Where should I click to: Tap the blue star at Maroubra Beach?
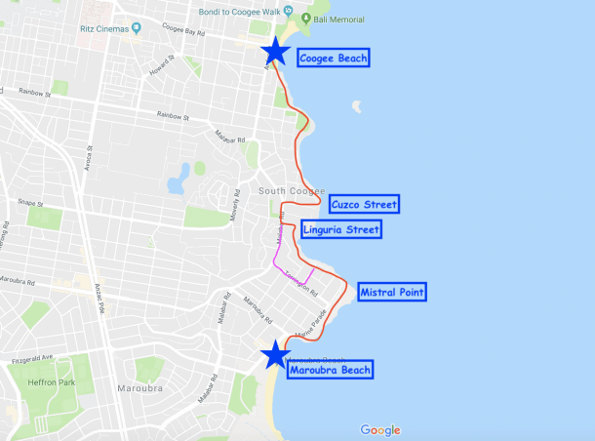click(276, 354)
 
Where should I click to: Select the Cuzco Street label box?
click(364, 205)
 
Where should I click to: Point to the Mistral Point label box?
click(392, 292)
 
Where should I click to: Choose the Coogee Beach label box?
click(334, 59)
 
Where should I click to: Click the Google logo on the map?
click(379, 430)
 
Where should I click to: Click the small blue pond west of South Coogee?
click(178, 180)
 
